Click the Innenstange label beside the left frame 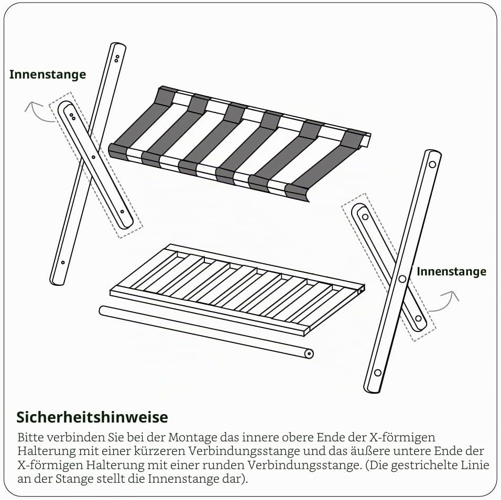[x=48, y=74]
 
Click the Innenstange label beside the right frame [x=451, y=271]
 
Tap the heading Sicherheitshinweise [x=92, y=417]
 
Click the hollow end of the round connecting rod [x=309, y=354]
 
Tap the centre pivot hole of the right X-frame [x=402, y=279]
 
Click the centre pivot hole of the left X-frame [x=93, y=157]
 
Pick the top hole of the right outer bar [x=432, y=165]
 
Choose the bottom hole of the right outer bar [x=378, y=373]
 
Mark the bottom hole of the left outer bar [x=63, y=262]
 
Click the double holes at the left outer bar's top [x=117, y=59]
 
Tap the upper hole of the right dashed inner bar [x=365, y=217]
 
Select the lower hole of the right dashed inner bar [x=418, y=318]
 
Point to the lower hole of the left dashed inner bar [x=122, y=212]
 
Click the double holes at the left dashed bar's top [x=72, y=117]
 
